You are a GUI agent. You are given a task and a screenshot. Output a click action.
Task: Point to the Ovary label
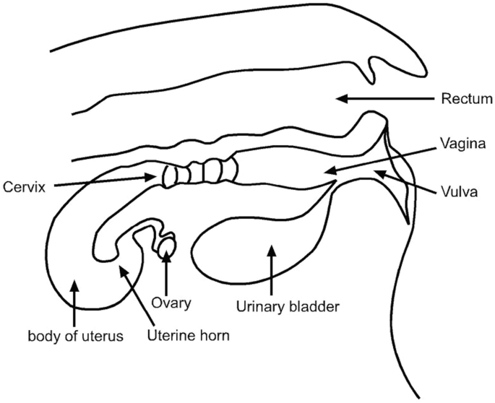(x=172, y=303)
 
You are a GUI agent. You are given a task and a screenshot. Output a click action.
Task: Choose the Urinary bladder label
(x=288, y=306)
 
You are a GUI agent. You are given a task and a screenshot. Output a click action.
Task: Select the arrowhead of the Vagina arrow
(x=326, y=171)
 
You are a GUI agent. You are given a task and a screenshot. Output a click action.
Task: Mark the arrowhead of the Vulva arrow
(x=376, y=172)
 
